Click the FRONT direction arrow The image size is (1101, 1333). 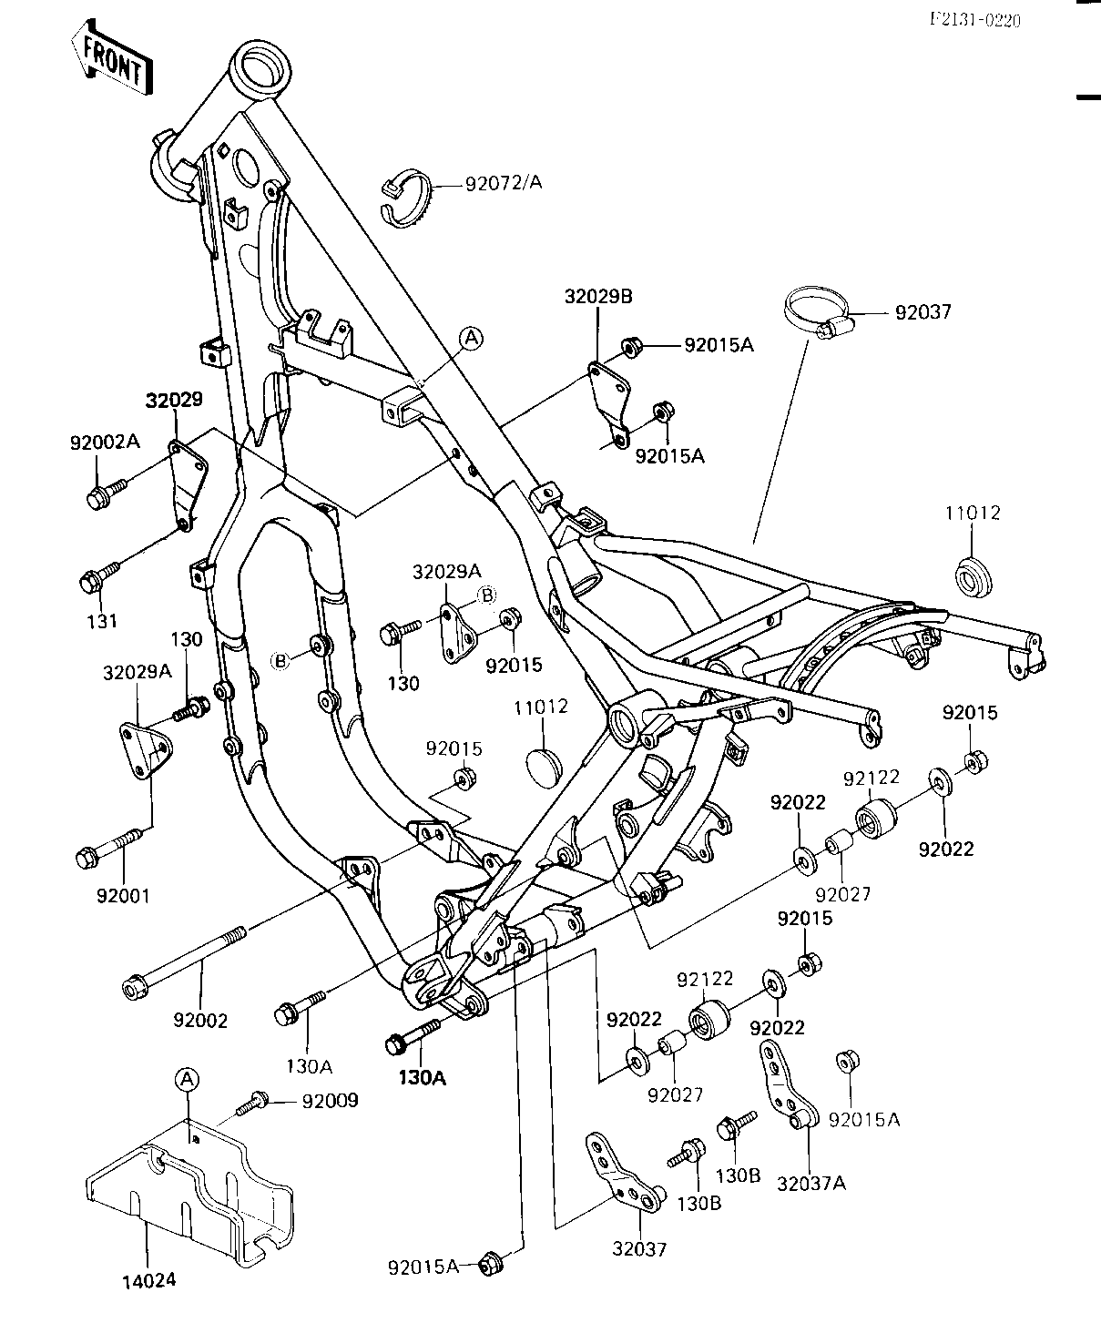[x=112, y=57]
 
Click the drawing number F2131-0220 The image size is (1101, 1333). [x=975, y=20]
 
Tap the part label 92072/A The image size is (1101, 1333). [x=504, y=183]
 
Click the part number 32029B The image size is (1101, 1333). [x=598, y=297]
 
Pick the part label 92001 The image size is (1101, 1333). [x=123, y=896]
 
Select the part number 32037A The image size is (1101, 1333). [x=811, y=1184]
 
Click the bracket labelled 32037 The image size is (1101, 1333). [x=624, y=1173]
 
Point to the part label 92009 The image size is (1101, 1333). [x=331, y=1101]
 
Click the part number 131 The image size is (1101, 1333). [x=102, y=621]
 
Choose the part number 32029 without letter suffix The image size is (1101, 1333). [x=174, y=401]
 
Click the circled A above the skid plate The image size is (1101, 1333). [x=187, y=1080]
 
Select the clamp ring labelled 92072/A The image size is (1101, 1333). [x=407, y=198]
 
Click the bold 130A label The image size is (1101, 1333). [x=423, y=1078]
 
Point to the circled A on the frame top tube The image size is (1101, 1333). [x=472, y=339]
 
